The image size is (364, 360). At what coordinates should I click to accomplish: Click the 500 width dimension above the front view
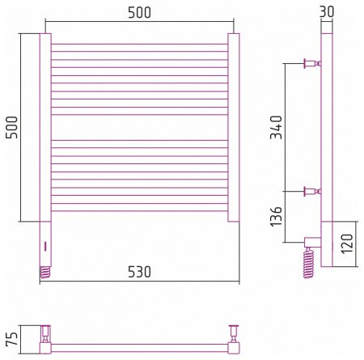click(139, 13)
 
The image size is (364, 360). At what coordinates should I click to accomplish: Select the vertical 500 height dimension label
click(11, 127)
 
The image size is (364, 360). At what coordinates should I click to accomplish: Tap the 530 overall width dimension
click(139, 272)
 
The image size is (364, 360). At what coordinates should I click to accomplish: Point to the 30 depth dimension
click(327, 11)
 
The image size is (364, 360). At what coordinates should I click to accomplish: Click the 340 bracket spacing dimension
click(276, 127)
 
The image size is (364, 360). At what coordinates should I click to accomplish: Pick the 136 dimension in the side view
click(276, 216)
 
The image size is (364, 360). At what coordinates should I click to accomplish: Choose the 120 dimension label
click(347, 244)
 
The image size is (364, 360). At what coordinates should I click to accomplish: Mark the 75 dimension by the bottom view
click(12, 339)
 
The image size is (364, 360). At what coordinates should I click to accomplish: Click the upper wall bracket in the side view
click(312, 63)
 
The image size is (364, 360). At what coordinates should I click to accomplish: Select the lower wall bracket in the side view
click(312, 192)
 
